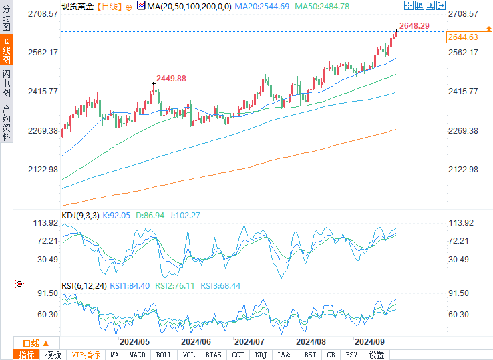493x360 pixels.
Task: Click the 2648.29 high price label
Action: point(414,25)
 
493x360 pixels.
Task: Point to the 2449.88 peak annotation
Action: point(171,78)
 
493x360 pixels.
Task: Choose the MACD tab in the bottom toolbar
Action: point(137,355)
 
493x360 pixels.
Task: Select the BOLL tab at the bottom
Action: point(164,355)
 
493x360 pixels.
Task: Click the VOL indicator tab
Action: point(189,355)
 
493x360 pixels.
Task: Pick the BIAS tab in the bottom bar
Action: point(214,355)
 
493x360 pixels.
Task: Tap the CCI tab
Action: point(238,355)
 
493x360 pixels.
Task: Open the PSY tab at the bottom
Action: point(351,355)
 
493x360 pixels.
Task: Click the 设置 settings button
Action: point(376,355)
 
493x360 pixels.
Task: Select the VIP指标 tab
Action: point(86,355)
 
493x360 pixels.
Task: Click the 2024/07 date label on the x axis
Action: point(251,341)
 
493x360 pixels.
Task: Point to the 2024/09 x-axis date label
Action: point(369,341)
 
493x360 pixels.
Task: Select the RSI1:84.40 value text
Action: point(130,285)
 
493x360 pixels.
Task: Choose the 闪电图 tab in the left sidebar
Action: point(6,83)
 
